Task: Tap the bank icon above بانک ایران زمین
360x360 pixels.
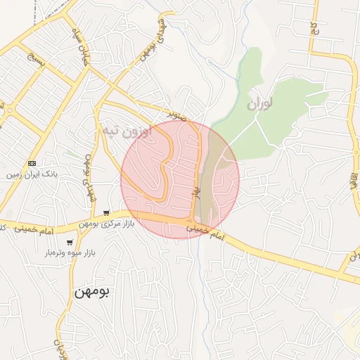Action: [32, 163]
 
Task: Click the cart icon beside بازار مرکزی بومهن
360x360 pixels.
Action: [105, 212]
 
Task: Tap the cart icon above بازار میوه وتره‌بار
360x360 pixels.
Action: [70, 242]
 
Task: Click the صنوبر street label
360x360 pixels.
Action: [178, 112]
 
